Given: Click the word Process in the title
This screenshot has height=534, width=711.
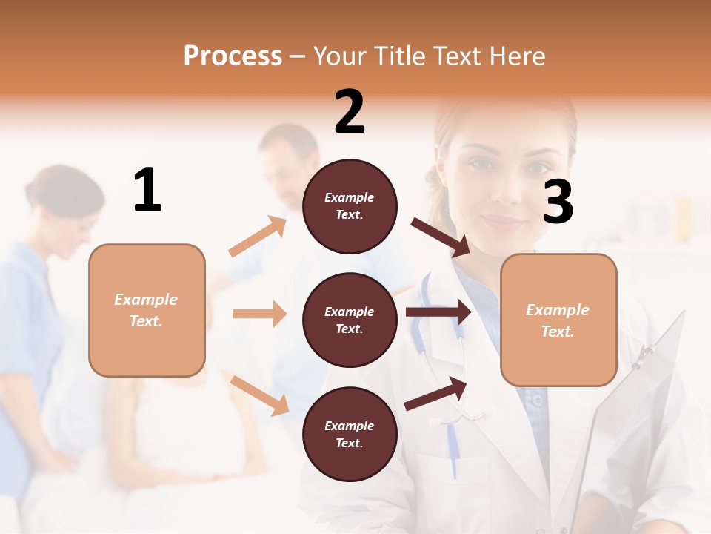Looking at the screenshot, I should coord(233,56).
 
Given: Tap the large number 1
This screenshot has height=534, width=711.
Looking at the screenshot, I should coord(147,191).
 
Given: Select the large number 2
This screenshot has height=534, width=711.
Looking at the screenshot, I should coord(350,112).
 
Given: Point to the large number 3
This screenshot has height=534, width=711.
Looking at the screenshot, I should coord(558,202).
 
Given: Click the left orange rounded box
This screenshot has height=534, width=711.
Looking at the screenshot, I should coord(147,310).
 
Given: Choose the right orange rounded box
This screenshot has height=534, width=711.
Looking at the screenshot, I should coord(558,320).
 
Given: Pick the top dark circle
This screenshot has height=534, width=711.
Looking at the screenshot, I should coord(350,206).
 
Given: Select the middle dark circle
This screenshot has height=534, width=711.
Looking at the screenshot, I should coord(350,320).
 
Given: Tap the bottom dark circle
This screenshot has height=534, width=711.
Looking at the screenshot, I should coord(350,435).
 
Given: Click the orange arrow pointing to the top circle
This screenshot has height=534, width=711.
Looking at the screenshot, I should coord(258,237).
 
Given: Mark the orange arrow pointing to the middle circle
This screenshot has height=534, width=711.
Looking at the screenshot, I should coord(259,314).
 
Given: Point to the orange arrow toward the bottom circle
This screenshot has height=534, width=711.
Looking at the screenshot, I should coord(259,395).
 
